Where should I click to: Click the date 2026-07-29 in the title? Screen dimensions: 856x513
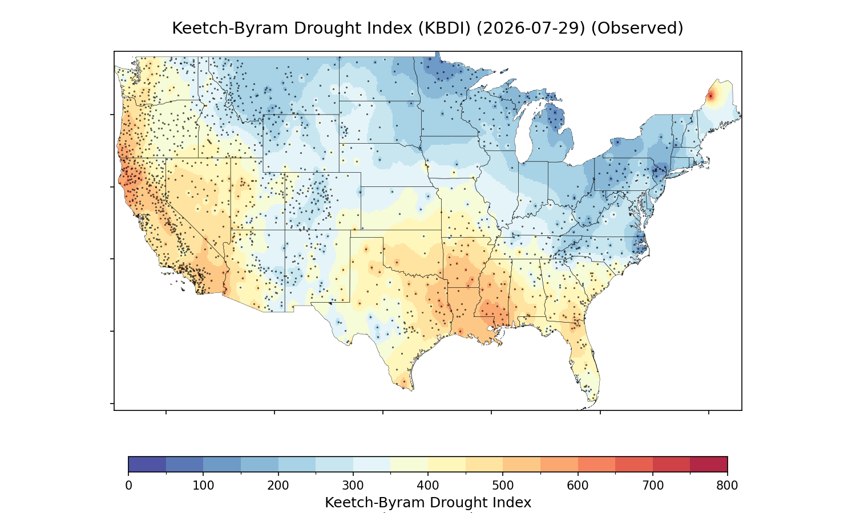(531, 28)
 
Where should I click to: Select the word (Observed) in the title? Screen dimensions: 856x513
(637, 28)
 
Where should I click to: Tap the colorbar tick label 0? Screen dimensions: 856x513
(128, 486)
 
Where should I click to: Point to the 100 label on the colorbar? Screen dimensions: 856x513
(203, 486)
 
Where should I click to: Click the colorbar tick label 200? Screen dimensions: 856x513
(278, 486)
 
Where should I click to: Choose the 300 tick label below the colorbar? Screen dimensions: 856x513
(353, 486)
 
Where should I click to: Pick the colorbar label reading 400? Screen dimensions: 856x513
(428, 486)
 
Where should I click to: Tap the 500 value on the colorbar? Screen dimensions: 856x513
(503, 486)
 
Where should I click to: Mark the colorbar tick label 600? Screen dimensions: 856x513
(578, 486)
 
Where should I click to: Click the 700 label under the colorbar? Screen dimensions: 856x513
(653, 486)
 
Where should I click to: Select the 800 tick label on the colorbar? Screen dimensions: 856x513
(727, 486)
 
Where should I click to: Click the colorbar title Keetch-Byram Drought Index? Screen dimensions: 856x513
(428, 503)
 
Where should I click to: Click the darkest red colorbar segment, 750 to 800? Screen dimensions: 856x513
(709, 464)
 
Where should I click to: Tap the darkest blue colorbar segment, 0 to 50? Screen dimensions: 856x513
(147, 464)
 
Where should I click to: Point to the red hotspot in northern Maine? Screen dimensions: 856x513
(710, 96)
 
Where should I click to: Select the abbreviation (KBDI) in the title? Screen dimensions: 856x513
(445, 28)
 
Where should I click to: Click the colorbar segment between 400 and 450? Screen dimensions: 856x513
(447, 464)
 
